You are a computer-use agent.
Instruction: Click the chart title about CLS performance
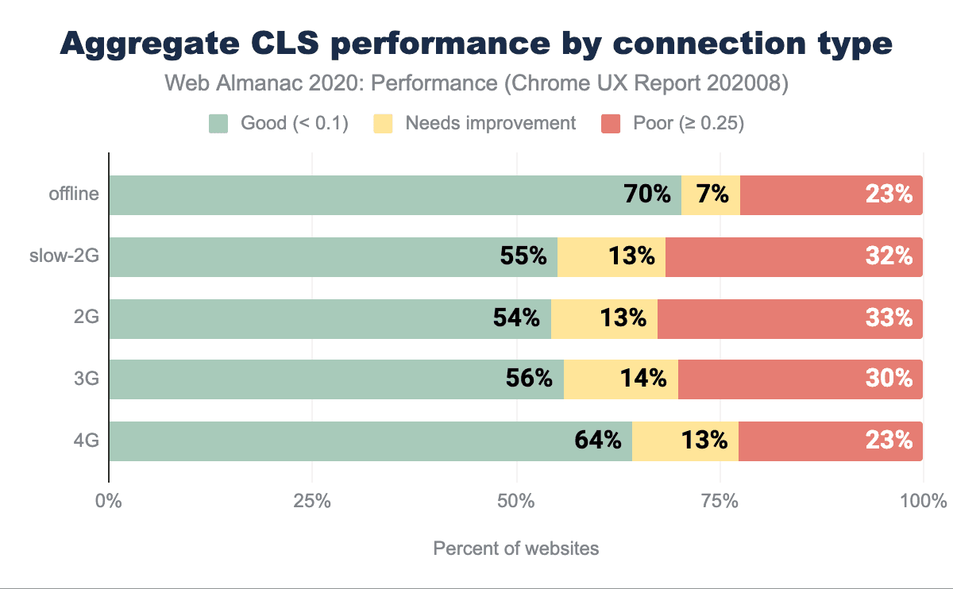pyautogui.click(x=476, y=44)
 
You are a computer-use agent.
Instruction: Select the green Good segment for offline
pyautogui.click(x=395, y=195)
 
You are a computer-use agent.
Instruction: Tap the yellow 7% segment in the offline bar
pyautogui.click(x=711, y=195)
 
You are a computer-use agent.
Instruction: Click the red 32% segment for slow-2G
pyautogui.click(x=794, y=256)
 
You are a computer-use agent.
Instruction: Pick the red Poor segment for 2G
pyautogui.click(x=790, y=318)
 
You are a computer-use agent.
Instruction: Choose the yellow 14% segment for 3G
pyautogui.click(x=621, y=379)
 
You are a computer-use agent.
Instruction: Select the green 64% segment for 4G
pyautogui.click(x=370, y=441)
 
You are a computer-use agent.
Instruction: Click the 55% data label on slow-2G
pyautogui.click(x=523, y=256)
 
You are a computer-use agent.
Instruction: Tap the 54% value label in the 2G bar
pyautogui.click(x=517, y=318)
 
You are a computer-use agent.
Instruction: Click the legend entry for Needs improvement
pyautogui.click(x=490, y=123)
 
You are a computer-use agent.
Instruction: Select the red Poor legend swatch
pyautogui.click(x=611, y=123)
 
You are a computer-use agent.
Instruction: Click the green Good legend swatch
pyautogui.click(x=218, y=123)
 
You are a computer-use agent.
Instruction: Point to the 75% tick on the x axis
pyautogui.click(x=720, y=502)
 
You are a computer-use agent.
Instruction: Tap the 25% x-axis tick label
pyautogui.click(x=312, y=502)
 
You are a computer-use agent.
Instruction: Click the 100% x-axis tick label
pyautogui.click(x=924, y=502)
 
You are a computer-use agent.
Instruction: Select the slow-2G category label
pyautogui.click(x=64, y=256)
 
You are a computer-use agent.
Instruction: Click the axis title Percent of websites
pyautogui.click(x=516, y=549)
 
